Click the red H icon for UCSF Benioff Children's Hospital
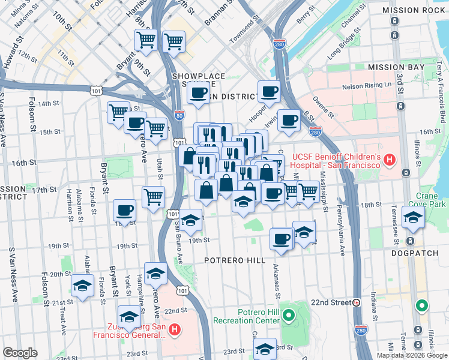coord(390,160)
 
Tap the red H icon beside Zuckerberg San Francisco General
coord(174,329)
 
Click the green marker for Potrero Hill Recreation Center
coord(288,314)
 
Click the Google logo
coord(20,353)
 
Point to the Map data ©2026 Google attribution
coord(412,355)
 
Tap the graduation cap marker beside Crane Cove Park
coord(413,219)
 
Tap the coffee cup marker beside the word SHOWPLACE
coord(197,93)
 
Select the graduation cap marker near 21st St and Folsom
coord(82,286)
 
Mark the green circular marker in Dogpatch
coord(422,306)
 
